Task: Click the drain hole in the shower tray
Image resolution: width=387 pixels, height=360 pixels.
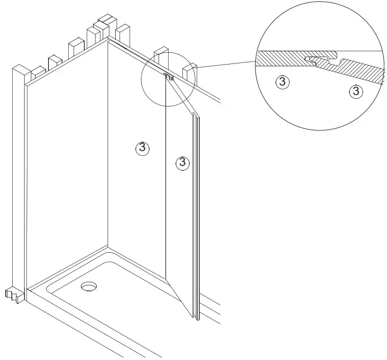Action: coord(89,287)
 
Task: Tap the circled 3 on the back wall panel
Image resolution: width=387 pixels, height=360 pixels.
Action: coord(142,149)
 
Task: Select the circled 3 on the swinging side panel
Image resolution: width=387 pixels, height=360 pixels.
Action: coord(182,162)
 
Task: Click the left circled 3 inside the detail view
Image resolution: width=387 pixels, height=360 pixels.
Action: coord(283,81)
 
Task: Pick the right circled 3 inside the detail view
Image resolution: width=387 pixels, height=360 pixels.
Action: coord(356,91)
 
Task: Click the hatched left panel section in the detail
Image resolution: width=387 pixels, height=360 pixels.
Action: coord(280,58)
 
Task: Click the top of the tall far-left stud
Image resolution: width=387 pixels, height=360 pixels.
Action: coord(19,69)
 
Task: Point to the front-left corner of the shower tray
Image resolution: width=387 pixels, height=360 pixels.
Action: coord(29,289)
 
